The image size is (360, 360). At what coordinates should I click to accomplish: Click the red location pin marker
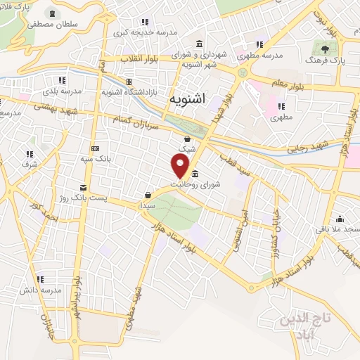click(x=181, y=165)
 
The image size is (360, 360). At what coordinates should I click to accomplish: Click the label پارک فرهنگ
click(x=325, y=62)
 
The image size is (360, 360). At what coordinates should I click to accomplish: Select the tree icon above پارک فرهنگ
click(x=325, y=49)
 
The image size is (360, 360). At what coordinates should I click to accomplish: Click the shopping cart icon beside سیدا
click(x=148, y=195)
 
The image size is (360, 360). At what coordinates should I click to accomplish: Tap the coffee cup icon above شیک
click(x=187, y=139)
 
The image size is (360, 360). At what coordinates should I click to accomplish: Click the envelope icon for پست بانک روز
click(x=84, y=187)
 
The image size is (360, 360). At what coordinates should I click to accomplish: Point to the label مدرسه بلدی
click(x=62, y=91)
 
